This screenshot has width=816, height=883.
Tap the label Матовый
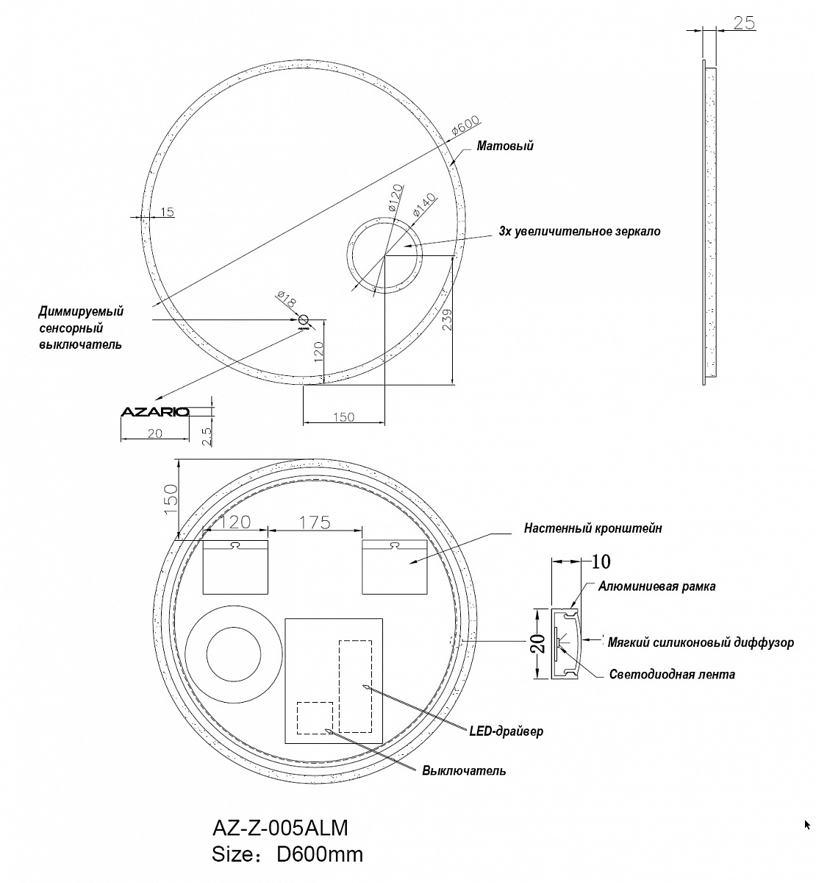[505, 146]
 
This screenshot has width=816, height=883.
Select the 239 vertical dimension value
[447, 319]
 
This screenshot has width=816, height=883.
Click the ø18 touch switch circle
[304, 319]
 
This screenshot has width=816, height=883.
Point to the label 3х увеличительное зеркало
[579, 231]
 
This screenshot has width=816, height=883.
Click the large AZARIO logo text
[155, 412]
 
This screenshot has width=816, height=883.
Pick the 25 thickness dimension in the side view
[744, 23]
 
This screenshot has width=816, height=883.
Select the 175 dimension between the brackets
[315, 522]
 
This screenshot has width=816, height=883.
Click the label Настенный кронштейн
[593, 528]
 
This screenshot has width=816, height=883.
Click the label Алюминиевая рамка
[656, 586]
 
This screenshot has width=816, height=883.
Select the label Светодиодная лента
[672, 675]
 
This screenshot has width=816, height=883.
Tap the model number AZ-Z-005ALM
[280, 828]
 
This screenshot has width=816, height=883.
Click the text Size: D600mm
[287, 854]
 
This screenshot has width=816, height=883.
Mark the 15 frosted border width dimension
[167, 212]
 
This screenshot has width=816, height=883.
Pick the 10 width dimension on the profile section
[601, 562]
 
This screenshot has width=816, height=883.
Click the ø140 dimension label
[424, 205]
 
